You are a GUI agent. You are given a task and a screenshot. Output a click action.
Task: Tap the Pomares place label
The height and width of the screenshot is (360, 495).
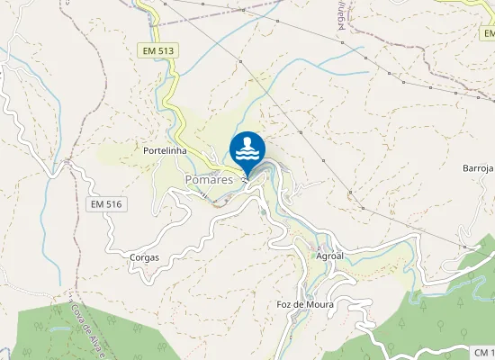[209, 180]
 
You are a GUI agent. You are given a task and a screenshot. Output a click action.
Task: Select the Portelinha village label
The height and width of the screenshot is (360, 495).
[165, 151]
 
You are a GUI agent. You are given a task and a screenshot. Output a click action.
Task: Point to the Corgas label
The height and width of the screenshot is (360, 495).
[144, 257]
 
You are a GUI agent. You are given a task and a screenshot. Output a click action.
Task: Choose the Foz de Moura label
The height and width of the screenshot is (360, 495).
[305, 304]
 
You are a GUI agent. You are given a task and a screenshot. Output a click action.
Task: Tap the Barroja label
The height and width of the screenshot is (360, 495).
[478, 168]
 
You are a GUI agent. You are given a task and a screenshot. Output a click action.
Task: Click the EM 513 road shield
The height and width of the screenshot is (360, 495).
[157, 51]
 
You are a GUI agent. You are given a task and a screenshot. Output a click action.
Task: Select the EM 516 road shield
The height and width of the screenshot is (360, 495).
[105, 204]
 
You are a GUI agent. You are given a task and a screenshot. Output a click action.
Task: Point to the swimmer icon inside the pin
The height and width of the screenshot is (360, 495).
[247, 143]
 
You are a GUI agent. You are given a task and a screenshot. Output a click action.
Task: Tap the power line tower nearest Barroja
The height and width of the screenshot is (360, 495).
[463, 244]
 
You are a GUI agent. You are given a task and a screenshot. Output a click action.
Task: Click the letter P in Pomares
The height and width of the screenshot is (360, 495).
[189, 180]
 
